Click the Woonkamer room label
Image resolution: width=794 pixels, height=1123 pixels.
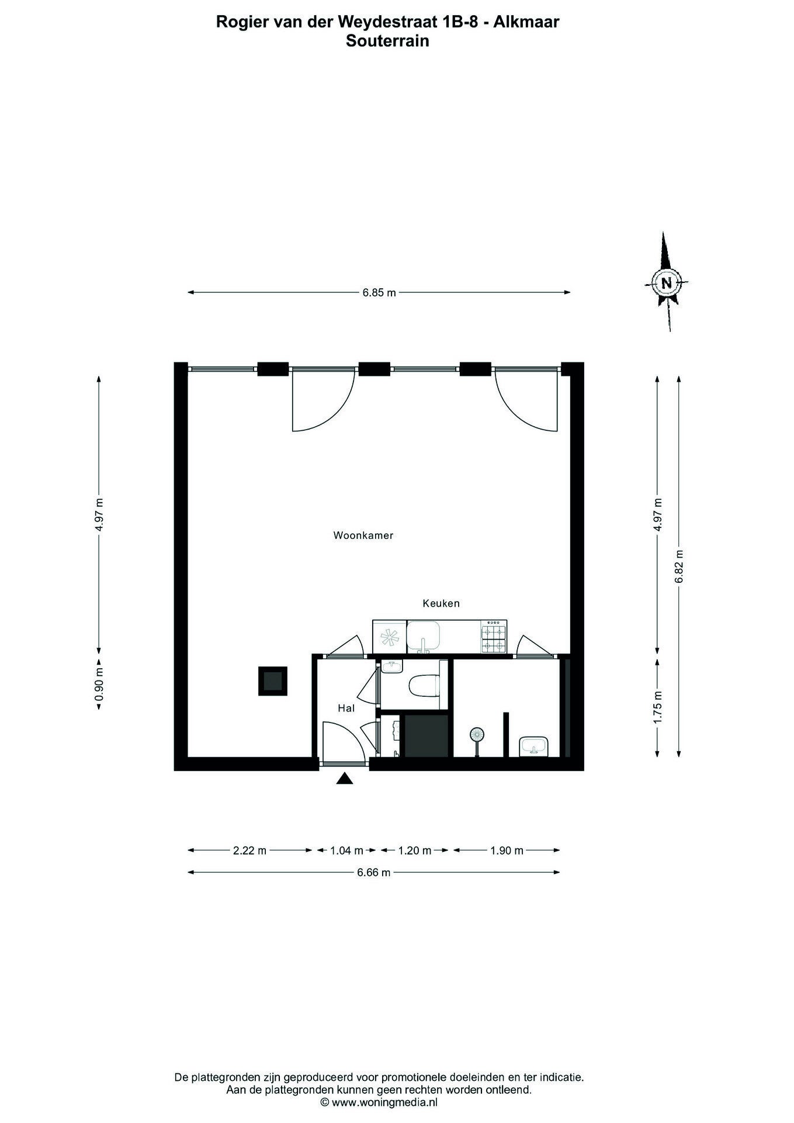363,535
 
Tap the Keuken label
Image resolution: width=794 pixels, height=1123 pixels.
441,603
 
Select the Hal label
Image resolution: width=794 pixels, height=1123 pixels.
346,708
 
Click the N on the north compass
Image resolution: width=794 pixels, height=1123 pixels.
666,283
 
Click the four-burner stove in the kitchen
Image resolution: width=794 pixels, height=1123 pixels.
494,637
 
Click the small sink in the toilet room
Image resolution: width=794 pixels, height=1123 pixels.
390,668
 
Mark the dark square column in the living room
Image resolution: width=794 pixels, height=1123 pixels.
273,681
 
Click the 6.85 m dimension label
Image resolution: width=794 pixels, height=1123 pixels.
379,293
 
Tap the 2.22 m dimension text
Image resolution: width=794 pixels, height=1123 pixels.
249,851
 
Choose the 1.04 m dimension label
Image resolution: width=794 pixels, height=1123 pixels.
347,851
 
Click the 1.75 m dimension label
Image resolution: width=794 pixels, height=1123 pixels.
658,707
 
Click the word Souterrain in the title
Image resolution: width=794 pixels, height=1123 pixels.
387,41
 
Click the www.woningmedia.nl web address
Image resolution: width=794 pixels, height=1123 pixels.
384,1103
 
